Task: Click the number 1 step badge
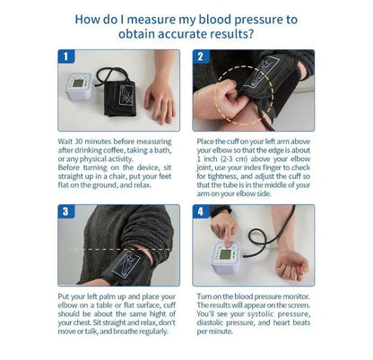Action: click(65, 56)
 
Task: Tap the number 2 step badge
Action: click(200, 56)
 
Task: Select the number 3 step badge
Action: click(65, 212)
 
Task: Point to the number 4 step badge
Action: click(200, 212)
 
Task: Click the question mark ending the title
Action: click(250, 34)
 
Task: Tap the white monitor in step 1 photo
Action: click(80, 88)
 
